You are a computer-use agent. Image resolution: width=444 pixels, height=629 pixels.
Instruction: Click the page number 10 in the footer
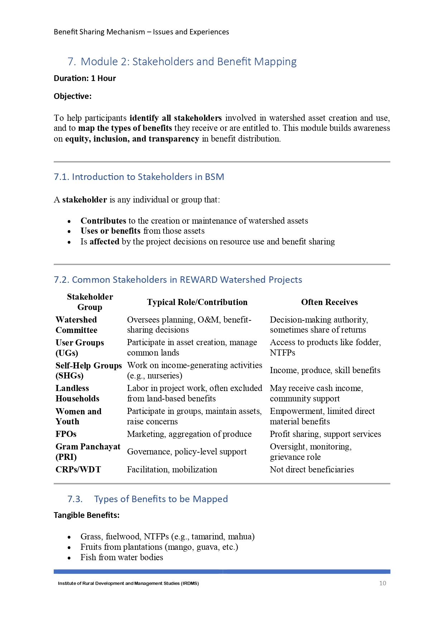click(x=382, y=583)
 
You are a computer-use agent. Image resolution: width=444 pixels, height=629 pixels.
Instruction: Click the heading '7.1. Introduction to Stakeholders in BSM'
click(x=139, y=177)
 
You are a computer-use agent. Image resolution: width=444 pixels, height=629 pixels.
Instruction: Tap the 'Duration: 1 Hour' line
click(x=85, y=78)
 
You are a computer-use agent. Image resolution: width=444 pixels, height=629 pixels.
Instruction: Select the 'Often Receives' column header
click(x=329, y=302)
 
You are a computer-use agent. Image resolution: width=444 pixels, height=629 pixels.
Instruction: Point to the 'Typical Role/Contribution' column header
click(x=197, y=302)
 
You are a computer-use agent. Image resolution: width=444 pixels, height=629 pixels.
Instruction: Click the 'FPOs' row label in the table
click(x=66, y=434)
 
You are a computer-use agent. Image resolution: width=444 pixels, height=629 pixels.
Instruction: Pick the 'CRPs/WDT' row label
click(x=78, y=470)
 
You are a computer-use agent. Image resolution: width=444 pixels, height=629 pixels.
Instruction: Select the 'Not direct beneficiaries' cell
click(x=312, y=470)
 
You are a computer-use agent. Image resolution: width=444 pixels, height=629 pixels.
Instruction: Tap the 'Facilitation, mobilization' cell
click(x=172, y=470)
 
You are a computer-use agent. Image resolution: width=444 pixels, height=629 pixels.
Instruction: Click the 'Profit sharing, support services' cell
click(x=325, y=434)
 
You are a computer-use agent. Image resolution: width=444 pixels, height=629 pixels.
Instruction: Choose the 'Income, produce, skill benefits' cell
click(x=325, y=370)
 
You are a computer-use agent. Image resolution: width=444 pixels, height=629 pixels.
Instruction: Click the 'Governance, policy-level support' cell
click(x=187, y=452)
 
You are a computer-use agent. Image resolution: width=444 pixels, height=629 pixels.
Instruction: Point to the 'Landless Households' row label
click(x=77, y=393)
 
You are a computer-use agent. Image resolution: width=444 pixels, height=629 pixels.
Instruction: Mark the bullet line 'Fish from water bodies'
click(x=121, y=557)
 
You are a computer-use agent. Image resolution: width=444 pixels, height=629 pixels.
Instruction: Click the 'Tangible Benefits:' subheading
click(x=87, y=515)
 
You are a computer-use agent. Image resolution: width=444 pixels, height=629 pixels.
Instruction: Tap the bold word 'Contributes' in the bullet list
click(x=103, y=221)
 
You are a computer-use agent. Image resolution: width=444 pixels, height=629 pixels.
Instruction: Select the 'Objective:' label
click(x=73, y=96)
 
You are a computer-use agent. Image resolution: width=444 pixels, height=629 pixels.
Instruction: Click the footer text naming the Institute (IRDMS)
click(x=128, y=583)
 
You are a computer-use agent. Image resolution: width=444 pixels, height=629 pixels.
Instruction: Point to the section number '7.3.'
click(x=75, y=499)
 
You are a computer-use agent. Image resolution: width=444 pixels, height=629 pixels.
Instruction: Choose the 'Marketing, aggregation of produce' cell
click(x=189, y=434)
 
